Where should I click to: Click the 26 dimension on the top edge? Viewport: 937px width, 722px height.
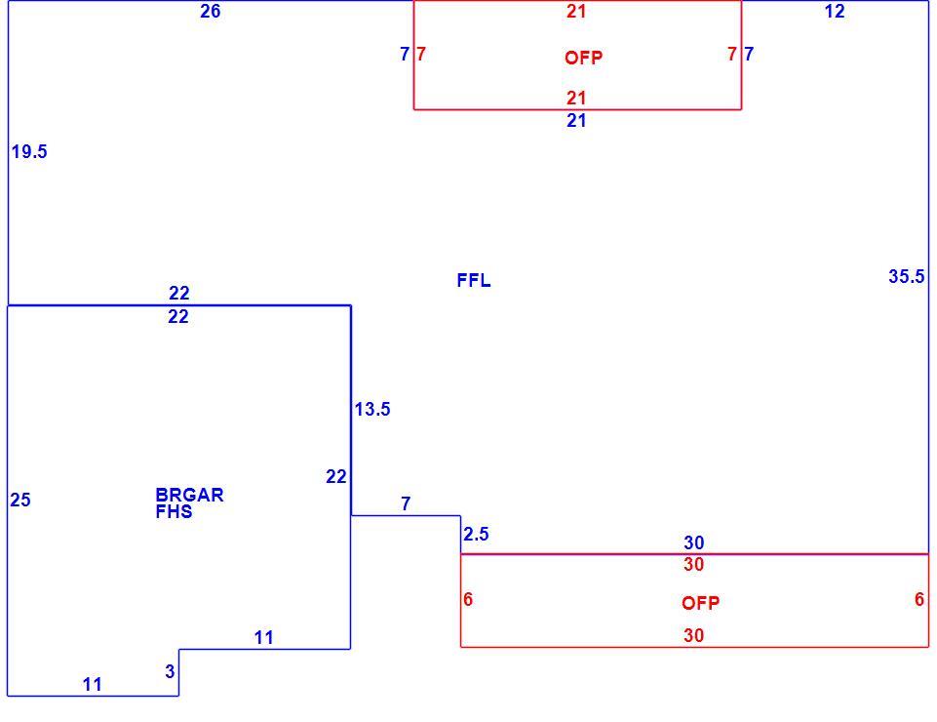(x=211, y=12)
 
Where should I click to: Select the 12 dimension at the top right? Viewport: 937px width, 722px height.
(x=835, y=12)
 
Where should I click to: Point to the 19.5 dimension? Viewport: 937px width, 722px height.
(x=28, y=152)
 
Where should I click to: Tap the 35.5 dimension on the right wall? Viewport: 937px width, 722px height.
(x=907, y=276)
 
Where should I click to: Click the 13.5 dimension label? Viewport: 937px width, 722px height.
(x=372, y=409)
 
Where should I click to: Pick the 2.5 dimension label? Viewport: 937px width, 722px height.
(x=476, y=534)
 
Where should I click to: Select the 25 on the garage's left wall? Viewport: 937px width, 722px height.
(x=20, y=501)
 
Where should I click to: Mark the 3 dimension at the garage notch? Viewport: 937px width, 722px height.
(x=171, y=672)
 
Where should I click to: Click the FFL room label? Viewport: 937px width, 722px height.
(x=474, y=280)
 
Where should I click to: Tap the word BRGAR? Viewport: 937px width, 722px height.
(x=189, y=495)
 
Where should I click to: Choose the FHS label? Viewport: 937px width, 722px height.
(x=174, y=511)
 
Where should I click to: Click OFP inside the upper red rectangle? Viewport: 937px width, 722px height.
(x=584, y=58)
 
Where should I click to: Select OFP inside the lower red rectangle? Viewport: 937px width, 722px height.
(x=700, y=603)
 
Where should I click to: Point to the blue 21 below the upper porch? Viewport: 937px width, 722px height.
(x=576, y=121)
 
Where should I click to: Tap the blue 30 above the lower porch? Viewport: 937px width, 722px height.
(x=694, y=542)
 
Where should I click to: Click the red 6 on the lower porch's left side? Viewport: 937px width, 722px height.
(x=468, y=599)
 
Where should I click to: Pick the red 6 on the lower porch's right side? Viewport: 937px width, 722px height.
(x=919, y=599)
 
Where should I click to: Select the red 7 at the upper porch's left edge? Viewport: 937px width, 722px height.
(x=421, y=54)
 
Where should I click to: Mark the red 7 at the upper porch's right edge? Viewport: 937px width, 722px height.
(x=732, y=54)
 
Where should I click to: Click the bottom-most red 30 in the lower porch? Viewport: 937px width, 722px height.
(x=694, y=635)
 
